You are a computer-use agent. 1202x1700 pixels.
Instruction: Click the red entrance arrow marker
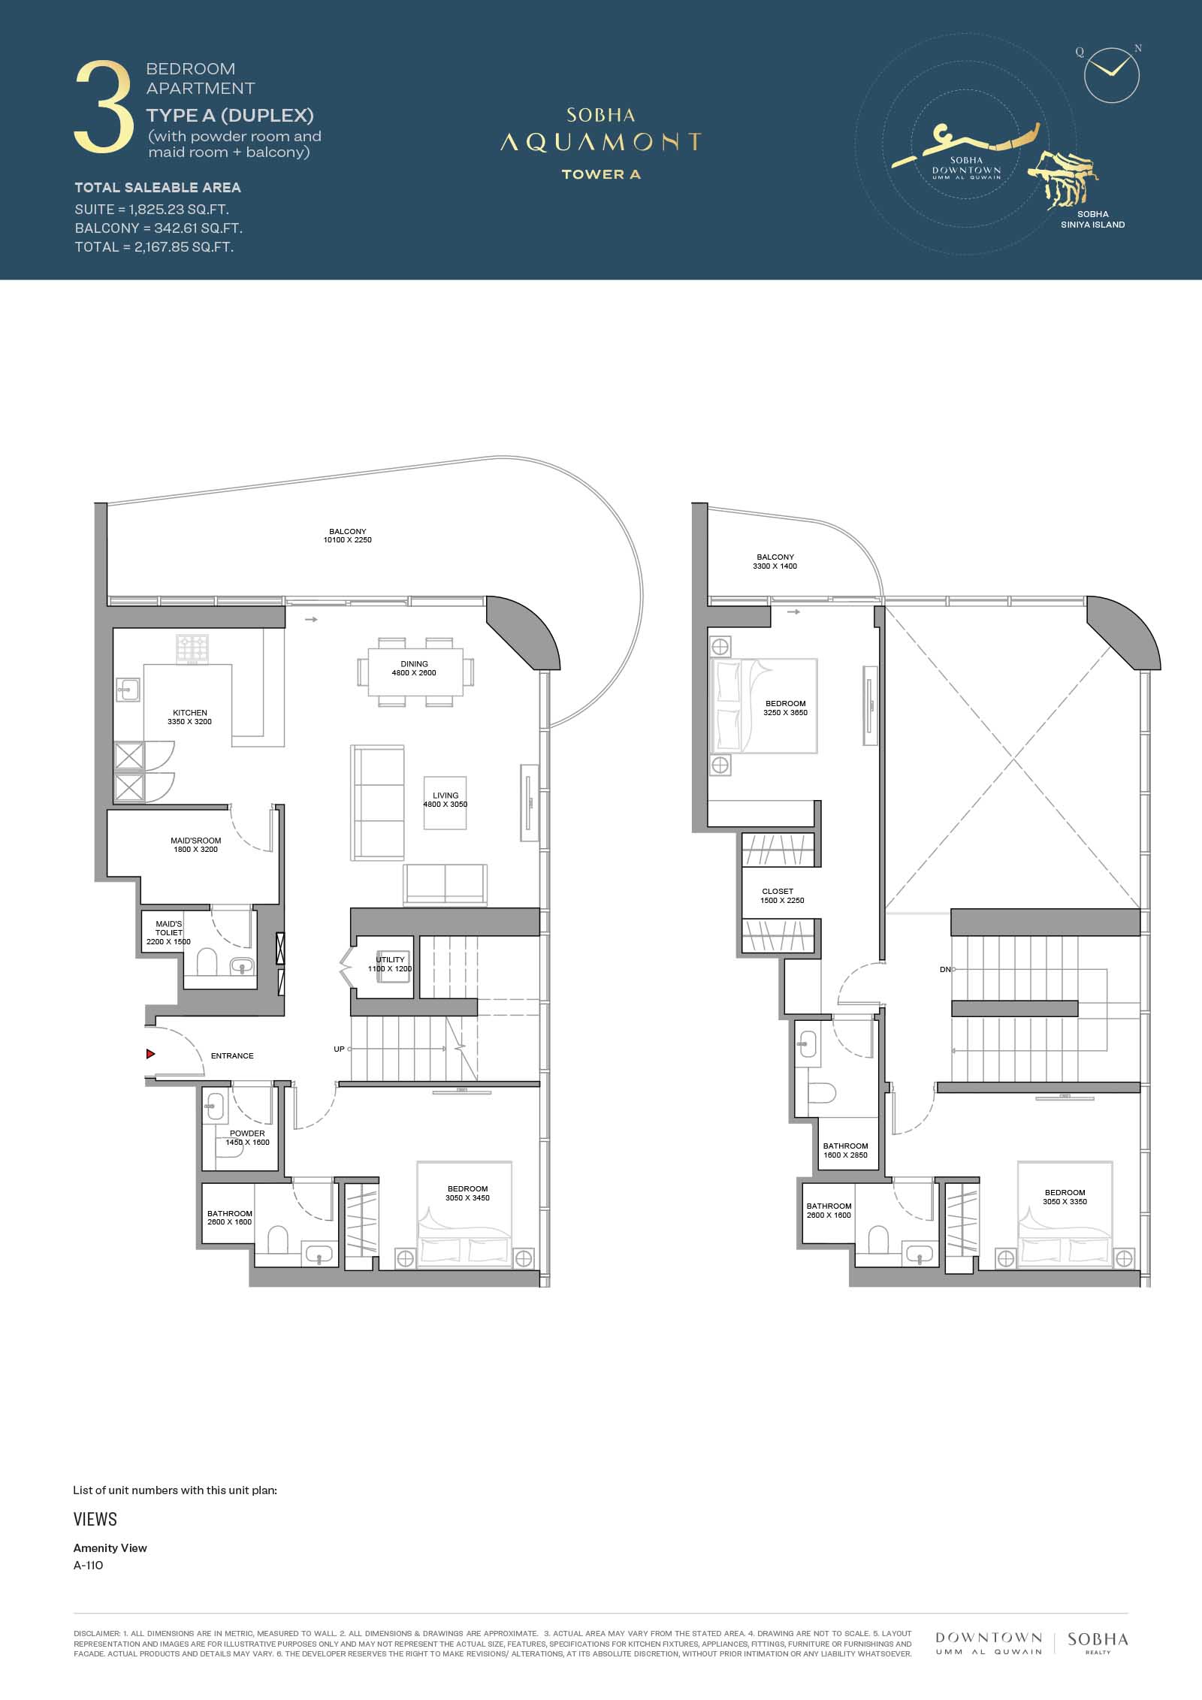150,1054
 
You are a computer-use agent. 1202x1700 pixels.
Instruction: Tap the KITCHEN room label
190,713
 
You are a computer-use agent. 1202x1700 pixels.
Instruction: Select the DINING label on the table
414,664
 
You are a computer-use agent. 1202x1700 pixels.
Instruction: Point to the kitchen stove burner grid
192,648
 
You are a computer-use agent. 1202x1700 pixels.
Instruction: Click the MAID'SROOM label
195,841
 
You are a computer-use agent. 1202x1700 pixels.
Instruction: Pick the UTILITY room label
390,959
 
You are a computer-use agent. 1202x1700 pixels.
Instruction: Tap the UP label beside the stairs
339,1049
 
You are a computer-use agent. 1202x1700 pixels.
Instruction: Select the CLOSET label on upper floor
778,891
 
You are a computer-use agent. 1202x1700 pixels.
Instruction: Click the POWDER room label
247,1134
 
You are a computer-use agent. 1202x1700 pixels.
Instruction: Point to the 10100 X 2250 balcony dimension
348,540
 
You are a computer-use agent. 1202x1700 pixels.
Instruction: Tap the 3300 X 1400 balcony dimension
775,566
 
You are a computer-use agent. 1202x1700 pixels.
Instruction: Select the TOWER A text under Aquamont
601,174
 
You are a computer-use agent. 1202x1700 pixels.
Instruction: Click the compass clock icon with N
1112,74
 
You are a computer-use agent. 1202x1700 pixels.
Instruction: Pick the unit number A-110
88,1566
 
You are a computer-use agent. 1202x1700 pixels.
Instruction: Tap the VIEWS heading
95,1519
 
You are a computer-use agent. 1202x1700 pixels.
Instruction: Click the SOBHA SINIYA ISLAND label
1093,219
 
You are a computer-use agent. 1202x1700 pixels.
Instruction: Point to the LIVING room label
445,796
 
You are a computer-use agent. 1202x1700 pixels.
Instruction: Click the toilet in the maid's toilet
207,962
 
